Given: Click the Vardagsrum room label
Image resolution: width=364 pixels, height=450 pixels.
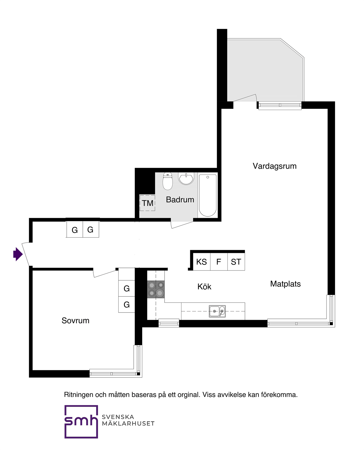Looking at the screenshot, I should [274, 166].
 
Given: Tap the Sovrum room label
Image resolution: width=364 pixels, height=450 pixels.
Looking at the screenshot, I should [75, 321].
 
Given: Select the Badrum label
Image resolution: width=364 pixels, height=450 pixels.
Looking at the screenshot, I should [180, 200].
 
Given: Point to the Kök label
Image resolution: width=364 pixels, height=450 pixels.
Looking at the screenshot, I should [204, 287].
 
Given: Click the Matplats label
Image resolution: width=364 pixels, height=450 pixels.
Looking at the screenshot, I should [285, 284].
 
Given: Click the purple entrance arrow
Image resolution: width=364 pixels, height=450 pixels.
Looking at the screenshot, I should [18, 254].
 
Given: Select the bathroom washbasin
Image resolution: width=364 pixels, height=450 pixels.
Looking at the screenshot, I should [186, 179].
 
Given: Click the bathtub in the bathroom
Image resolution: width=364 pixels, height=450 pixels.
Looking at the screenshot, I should [208, 195].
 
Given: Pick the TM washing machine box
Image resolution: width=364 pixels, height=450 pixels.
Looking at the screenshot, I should [147, 203].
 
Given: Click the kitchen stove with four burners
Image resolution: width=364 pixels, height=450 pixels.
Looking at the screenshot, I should [156, 289].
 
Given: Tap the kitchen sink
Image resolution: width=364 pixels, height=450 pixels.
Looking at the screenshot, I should [217, 311].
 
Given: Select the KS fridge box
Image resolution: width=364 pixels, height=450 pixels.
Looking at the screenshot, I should [201, 262].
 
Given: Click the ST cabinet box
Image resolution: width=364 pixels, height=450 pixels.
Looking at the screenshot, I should [236, 262].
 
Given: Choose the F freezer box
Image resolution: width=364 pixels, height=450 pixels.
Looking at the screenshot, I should [219, 262].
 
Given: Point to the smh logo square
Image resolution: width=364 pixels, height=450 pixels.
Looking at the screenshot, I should [81, 422].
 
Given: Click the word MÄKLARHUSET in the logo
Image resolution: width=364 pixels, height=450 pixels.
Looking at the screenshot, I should [128, 424].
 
